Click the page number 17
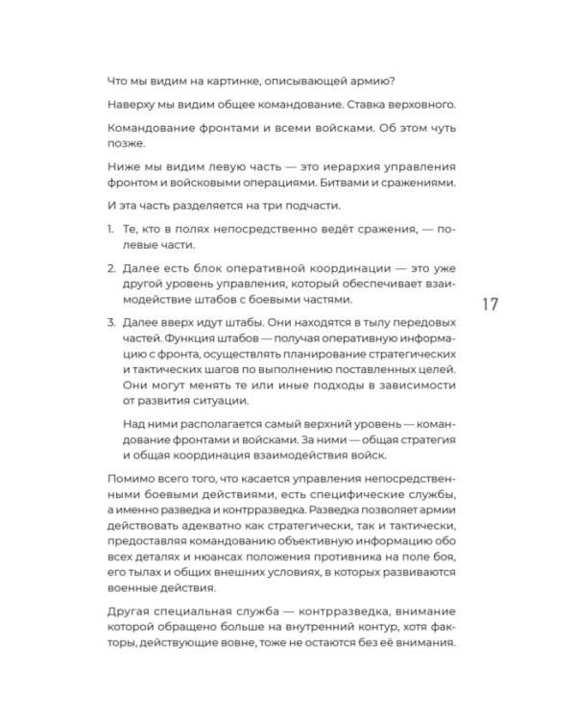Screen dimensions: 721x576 click(489, 304)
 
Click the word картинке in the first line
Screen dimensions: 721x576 click(222, 80)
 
